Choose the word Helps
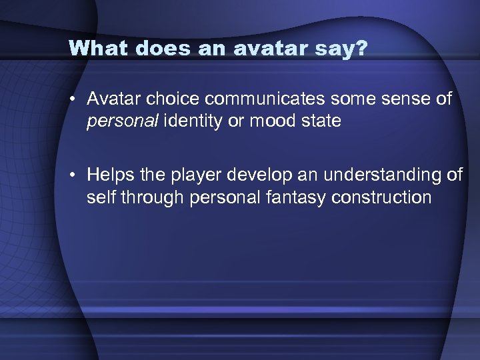pos(110,175)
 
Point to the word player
pos(195,175)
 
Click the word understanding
pos(375,175)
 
